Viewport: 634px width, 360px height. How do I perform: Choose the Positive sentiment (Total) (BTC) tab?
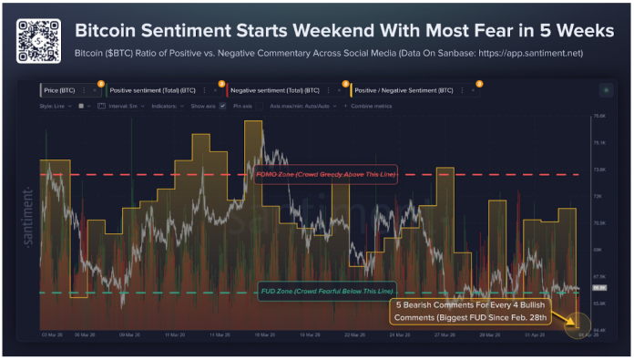coord(152,90)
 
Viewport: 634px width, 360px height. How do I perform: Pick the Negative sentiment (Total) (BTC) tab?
coord(275,90)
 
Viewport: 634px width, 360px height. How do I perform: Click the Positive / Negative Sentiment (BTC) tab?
coord(404,90)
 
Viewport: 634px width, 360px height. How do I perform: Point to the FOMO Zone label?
coord(325,174)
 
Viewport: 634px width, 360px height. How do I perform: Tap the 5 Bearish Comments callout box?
coord(472,311)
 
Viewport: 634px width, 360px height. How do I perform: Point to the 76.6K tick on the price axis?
coord(599,117)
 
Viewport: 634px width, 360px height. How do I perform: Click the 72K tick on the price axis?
coord(599,196)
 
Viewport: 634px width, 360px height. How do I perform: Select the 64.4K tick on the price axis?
coord(599,329)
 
